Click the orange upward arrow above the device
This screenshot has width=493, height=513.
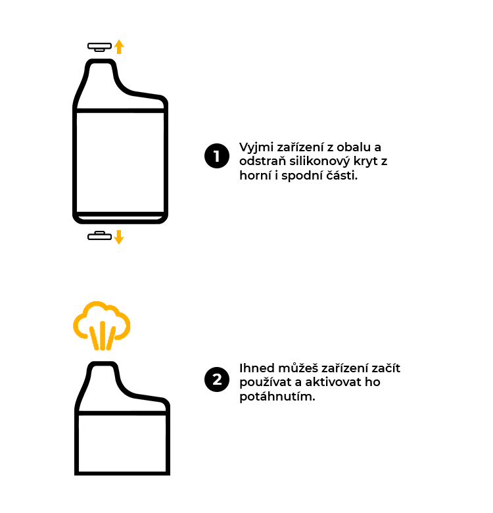[x=119, y=46]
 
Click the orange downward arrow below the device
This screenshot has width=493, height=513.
[x=119, y=237]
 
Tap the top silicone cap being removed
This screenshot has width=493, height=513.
[x=100, y=47]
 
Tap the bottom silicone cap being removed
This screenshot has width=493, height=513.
[x=100, y=235]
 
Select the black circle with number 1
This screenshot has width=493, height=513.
[x=216, y=156]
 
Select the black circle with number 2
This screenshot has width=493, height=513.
[x=216, y=380]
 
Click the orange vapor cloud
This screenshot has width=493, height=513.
[x=101, y=322]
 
